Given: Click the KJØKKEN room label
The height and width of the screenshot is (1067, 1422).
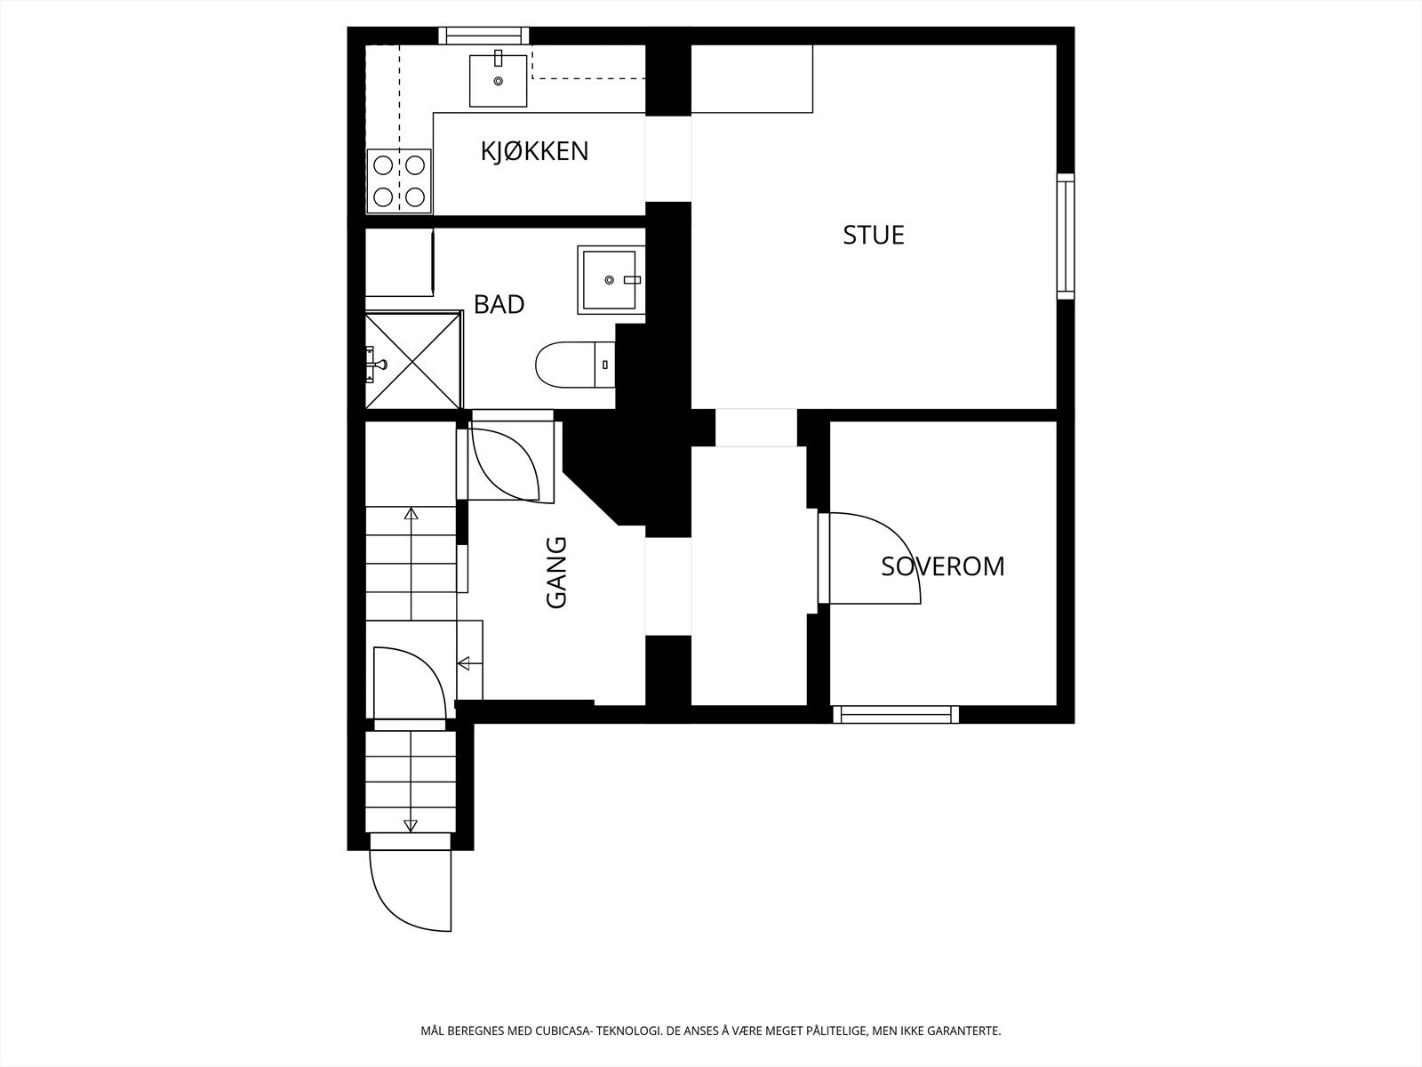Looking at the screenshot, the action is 534,151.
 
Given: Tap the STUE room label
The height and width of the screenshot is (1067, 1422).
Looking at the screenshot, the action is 874,235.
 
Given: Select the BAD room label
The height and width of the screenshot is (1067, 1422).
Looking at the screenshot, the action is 499,304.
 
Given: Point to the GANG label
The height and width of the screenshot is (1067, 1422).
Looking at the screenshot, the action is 556,572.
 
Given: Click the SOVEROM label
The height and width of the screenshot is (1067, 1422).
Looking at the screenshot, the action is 943,567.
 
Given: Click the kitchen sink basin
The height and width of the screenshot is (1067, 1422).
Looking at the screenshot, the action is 499,80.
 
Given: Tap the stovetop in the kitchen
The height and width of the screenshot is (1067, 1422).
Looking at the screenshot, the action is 399,181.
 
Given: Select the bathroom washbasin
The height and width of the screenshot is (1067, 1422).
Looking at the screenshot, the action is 611,280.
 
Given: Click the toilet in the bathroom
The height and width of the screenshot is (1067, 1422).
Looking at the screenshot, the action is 575,365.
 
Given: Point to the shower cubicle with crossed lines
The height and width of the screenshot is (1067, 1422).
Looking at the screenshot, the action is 413,360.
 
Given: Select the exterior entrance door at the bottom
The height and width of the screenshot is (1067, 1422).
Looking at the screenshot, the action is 410,891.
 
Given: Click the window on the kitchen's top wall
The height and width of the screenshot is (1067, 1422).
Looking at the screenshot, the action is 483,36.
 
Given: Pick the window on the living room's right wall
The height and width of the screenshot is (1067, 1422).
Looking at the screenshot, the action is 1066,237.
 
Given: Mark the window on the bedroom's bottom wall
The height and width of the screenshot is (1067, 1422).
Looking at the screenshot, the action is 896,715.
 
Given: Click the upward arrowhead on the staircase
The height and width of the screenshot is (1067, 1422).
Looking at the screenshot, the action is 411,515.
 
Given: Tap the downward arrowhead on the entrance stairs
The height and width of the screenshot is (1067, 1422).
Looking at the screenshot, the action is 410,825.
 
